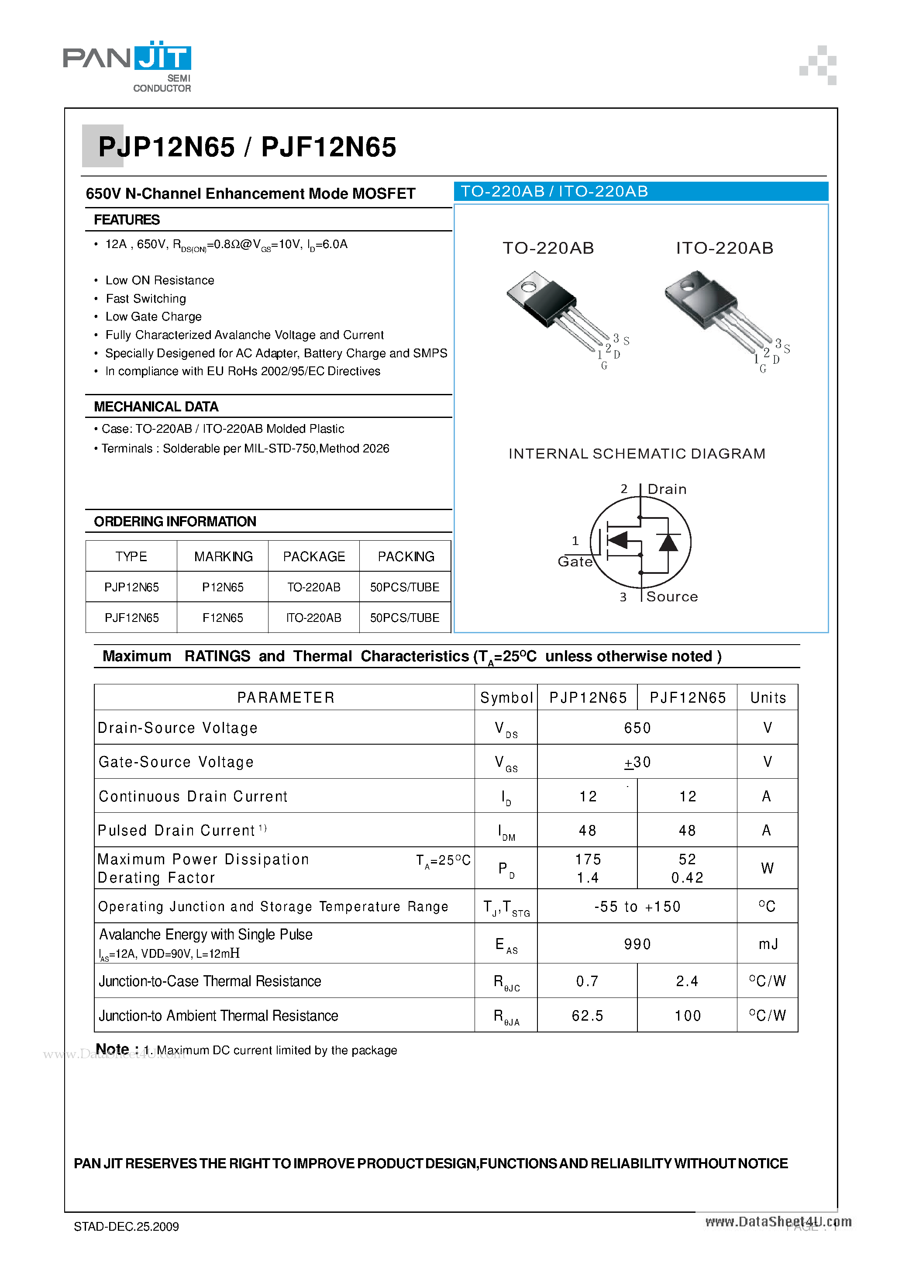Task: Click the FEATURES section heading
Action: click(126, 220)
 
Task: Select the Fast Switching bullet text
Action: click(146, 299)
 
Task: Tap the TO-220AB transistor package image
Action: click(556, 309)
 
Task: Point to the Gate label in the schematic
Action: click(575, 561)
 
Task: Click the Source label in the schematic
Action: click(672, 596)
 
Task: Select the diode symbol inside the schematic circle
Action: click(668, 542)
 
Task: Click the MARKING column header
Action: click(223, 556)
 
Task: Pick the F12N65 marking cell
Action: click(222, 618)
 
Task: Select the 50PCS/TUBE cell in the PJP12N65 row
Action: click(404, 587)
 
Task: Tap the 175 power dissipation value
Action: click(588, 859)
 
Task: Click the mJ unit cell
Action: click(768, 944)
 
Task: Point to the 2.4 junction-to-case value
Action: click(687, 981)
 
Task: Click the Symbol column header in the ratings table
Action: click(506, 697)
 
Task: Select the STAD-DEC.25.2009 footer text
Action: click(126, 1226)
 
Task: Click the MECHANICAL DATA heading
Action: click(156, 407)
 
